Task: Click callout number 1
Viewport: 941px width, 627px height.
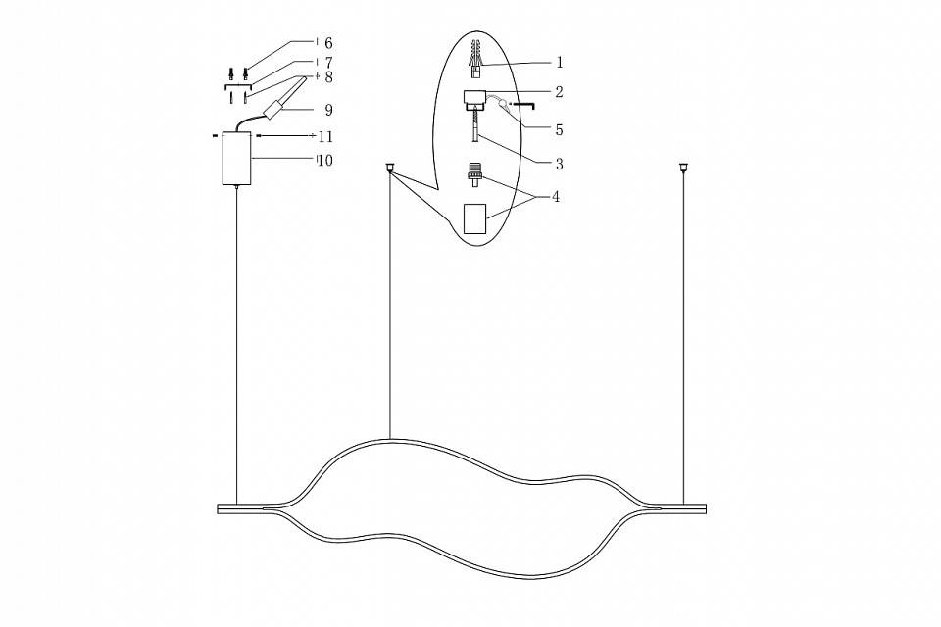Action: (559, 63)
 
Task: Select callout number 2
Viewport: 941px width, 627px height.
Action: (559, 93)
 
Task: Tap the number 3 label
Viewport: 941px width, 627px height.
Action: (559, 163)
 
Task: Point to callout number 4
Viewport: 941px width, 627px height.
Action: (556, 197)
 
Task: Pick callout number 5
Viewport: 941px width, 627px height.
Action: (559, 128)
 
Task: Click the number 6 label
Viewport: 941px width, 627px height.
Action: (328, 43)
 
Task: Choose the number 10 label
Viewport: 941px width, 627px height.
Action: (324, 160)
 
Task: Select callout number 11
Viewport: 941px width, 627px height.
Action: (325, 136)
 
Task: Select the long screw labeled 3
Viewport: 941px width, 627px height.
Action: (476, 127)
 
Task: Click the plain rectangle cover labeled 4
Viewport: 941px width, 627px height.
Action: (474, 217)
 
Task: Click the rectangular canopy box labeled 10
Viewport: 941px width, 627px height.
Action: (236, 158)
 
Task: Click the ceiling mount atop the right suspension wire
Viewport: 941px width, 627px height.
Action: (683, 167)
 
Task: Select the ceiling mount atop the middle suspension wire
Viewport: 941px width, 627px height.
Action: (390, 167)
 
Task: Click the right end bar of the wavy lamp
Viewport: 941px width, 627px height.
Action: (682, 508)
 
